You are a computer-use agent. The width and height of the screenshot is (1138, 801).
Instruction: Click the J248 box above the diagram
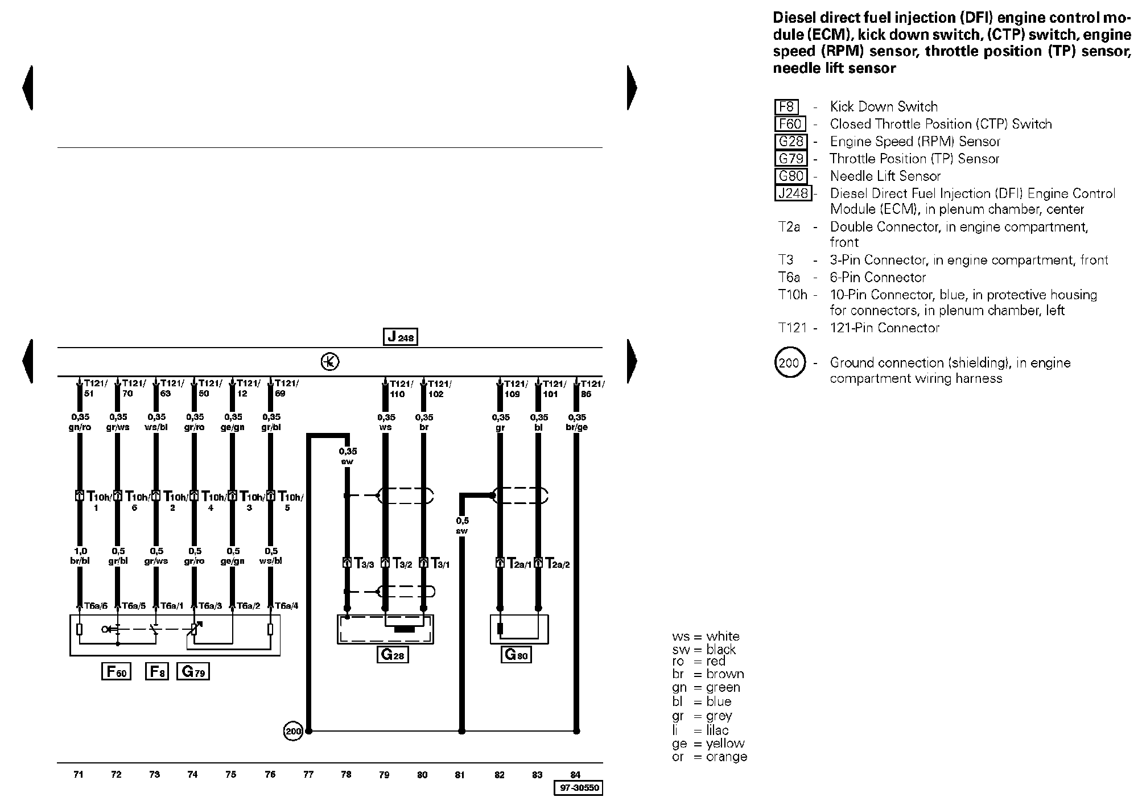[x=401, y=337]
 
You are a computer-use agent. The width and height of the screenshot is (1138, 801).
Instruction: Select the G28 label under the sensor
[x=393, y=655]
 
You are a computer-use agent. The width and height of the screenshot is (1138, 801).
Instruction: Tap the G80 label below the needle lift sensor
[x=517, y=655]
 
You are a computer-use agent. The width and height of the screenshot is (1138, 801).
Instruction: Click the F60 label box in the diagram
[x=116, y=672]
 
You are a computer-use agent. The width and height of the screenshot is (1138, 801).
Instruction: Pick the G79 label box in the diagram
[x=193, y=672]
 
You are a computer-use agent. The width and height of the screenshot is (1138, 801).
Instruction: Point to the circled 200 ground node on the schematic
[x=293, y=731]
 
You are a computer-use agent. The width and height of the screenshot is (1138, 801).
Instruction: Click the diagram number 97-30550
[x=578, y=788]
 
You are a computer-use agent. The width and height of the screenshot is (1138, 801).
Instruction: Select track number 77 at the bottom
[x=308, y=774]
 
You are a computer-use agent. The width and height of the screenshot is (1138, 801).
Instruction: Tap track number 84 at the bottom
[x=575, y=774]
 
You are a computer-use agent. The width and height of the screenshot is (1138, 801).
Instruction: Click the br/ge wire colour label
[x=577, y=427]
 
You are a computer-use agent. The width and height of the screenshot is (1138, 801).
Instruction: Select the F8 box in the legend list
[x=786, y=107]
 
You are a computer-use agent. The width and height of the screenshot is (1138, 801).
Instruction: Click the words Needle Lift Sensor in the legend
[x=885, y=176]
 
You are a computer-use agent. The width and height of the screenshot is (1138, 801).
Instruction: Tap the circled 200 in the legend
[x=789, y=362]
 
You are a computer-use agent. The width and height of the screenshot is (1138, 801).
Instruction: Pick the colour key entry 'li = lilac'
[x=700, y=730]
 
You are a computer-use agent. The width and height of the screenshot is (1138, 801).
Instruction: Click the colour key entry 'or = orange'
[x=709, y=757]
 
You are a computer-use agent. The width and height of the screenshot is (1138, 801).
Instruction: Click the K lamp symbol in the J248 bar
[x=330, y=362]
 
